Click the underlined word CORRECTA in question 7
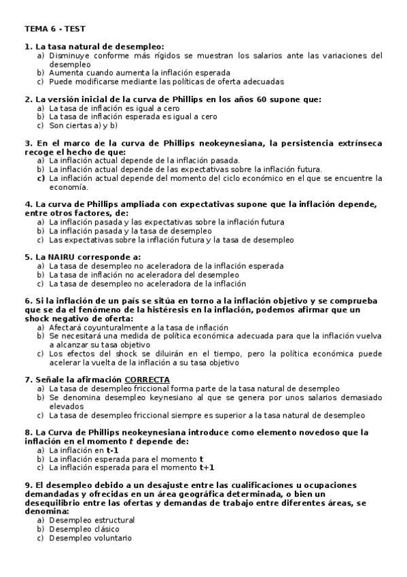pos(147,380)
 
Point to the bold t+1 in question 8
pos(207,467)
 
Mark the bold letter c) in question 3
pos(41,178)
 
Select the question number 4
pos(27,204)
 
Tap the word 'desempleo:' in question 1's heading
pos(136,46)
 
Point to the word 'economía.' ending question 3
pos(69,186)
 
